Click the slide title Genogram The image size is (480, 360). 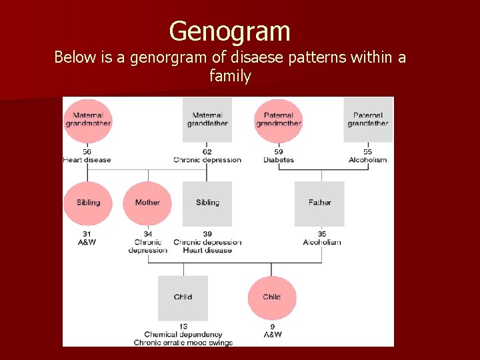point(229,31)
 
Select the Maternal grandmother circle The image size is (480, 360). point(87,120)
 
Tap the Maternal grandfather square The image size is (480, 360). point(207,120)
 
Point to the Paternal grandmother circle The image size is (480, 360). point(279,120)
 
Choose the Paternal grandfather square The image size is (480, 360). point(368,120)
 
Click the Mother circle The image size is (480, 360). point(147,203)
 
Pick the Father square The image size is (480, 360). point(319,203)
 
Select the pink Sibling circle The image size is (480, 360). point(87,203)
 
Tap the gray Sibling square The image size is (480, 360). point(207,203)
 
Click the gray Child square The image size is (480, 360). point(183,297)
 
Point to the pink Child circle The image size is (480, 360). point(271,297)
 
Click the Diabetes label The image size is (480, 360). point(279,160)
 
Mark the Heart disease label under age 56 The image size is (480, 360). point(87,160)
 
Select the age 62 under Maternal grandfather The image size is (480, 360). point(207,152)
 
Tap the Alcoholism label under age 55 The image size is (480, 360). point(368,160)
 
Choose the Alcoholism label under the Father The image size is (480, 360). point(322,242)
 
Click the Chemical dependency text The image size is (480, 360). point(183,334)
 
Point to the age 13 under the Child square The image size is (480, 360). point(183,326)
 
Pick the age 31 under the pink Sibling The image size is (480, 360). point(87,234)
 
